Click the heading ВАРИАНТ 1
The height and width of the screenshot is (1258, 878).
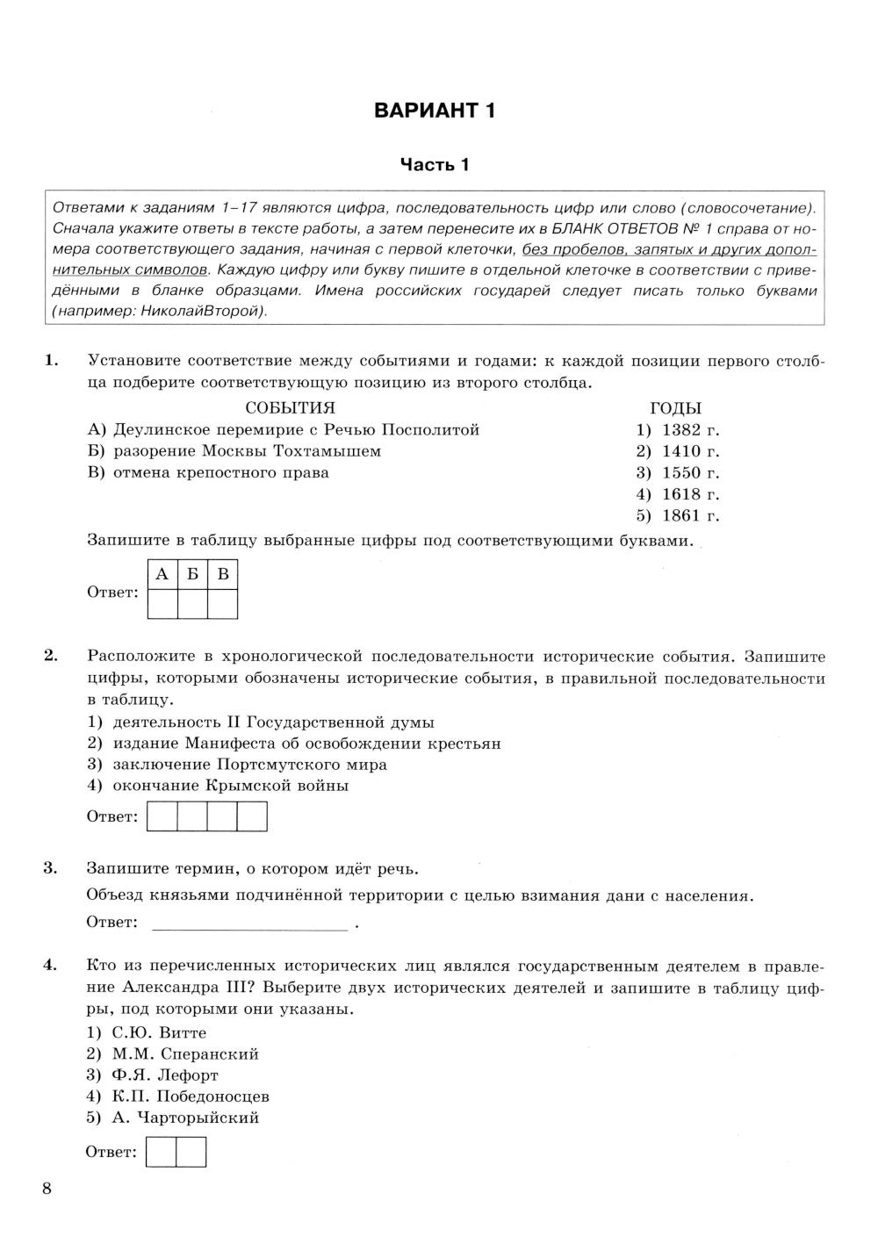pos(435,111)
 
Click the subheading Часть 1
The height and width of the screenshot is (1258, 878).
pos(435,164)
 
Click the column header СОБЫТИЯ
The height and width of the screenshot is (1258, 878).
pos(290,408)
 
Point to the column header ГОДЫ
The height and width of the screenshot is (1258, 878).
pos(675,408)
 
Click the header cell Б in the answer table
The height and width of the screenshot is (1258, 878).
pos(192,575)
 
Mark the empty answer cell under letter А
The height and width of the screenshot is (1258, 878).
pos(162,604)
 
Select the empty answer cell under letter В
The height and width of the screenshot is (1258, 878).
pos(222,604)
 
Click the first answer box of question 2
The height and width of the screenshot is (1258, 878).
pos(162,816)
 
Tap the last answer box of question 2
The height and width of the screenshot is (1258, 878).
pos(252,816)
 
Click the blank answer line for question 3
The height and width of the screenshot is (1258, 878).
pos(250,923)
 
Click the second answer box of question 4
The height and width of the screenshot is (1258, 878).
pos(191,1152)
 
